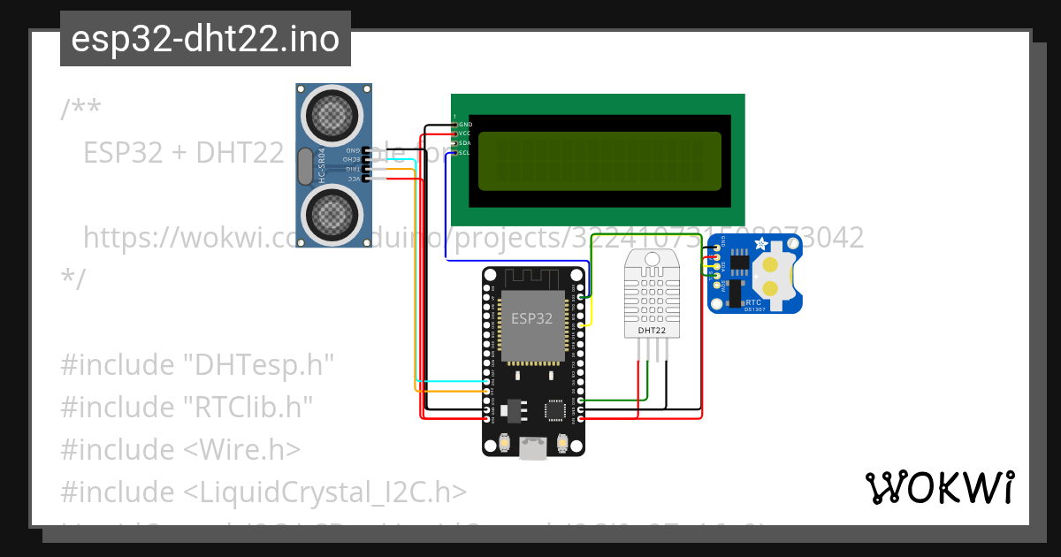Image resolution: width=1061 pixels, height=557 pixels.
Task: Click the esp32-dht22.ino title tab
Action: click(x=205, y=39)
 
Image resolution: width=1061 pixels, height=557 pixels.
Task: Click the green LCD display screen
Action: click(x=599, y=162)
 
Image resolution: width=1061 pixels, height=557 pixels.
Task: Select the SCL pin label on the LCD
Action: click(x=463, y=153)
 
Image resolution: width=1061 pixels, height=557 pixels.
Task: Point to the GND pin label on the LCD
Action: click(x=464, y=124)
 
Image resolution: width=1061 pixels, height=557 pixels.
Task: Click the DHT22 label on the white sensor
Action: click(x=652, y=330)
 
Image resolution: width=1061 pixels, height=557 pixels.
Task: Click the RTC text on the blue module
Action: click(x=753, y=301)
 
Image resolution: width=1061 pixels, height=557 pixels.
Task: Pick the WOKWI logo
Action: click(x=939, y=487)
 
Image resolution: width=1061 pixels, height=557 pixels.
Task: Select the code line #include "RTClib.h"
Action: click(x=187, y=407)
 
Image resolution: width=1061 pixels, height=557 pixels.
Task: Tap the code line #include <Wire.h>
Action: click(x=180, y=449)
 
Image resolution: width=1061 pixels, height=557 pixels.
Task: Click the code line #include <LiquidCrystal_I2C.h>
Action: click(x=263, y=492)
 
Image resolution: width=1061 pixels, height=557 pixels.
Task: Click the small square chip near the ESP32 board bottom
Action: click(x=555, y=409)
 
